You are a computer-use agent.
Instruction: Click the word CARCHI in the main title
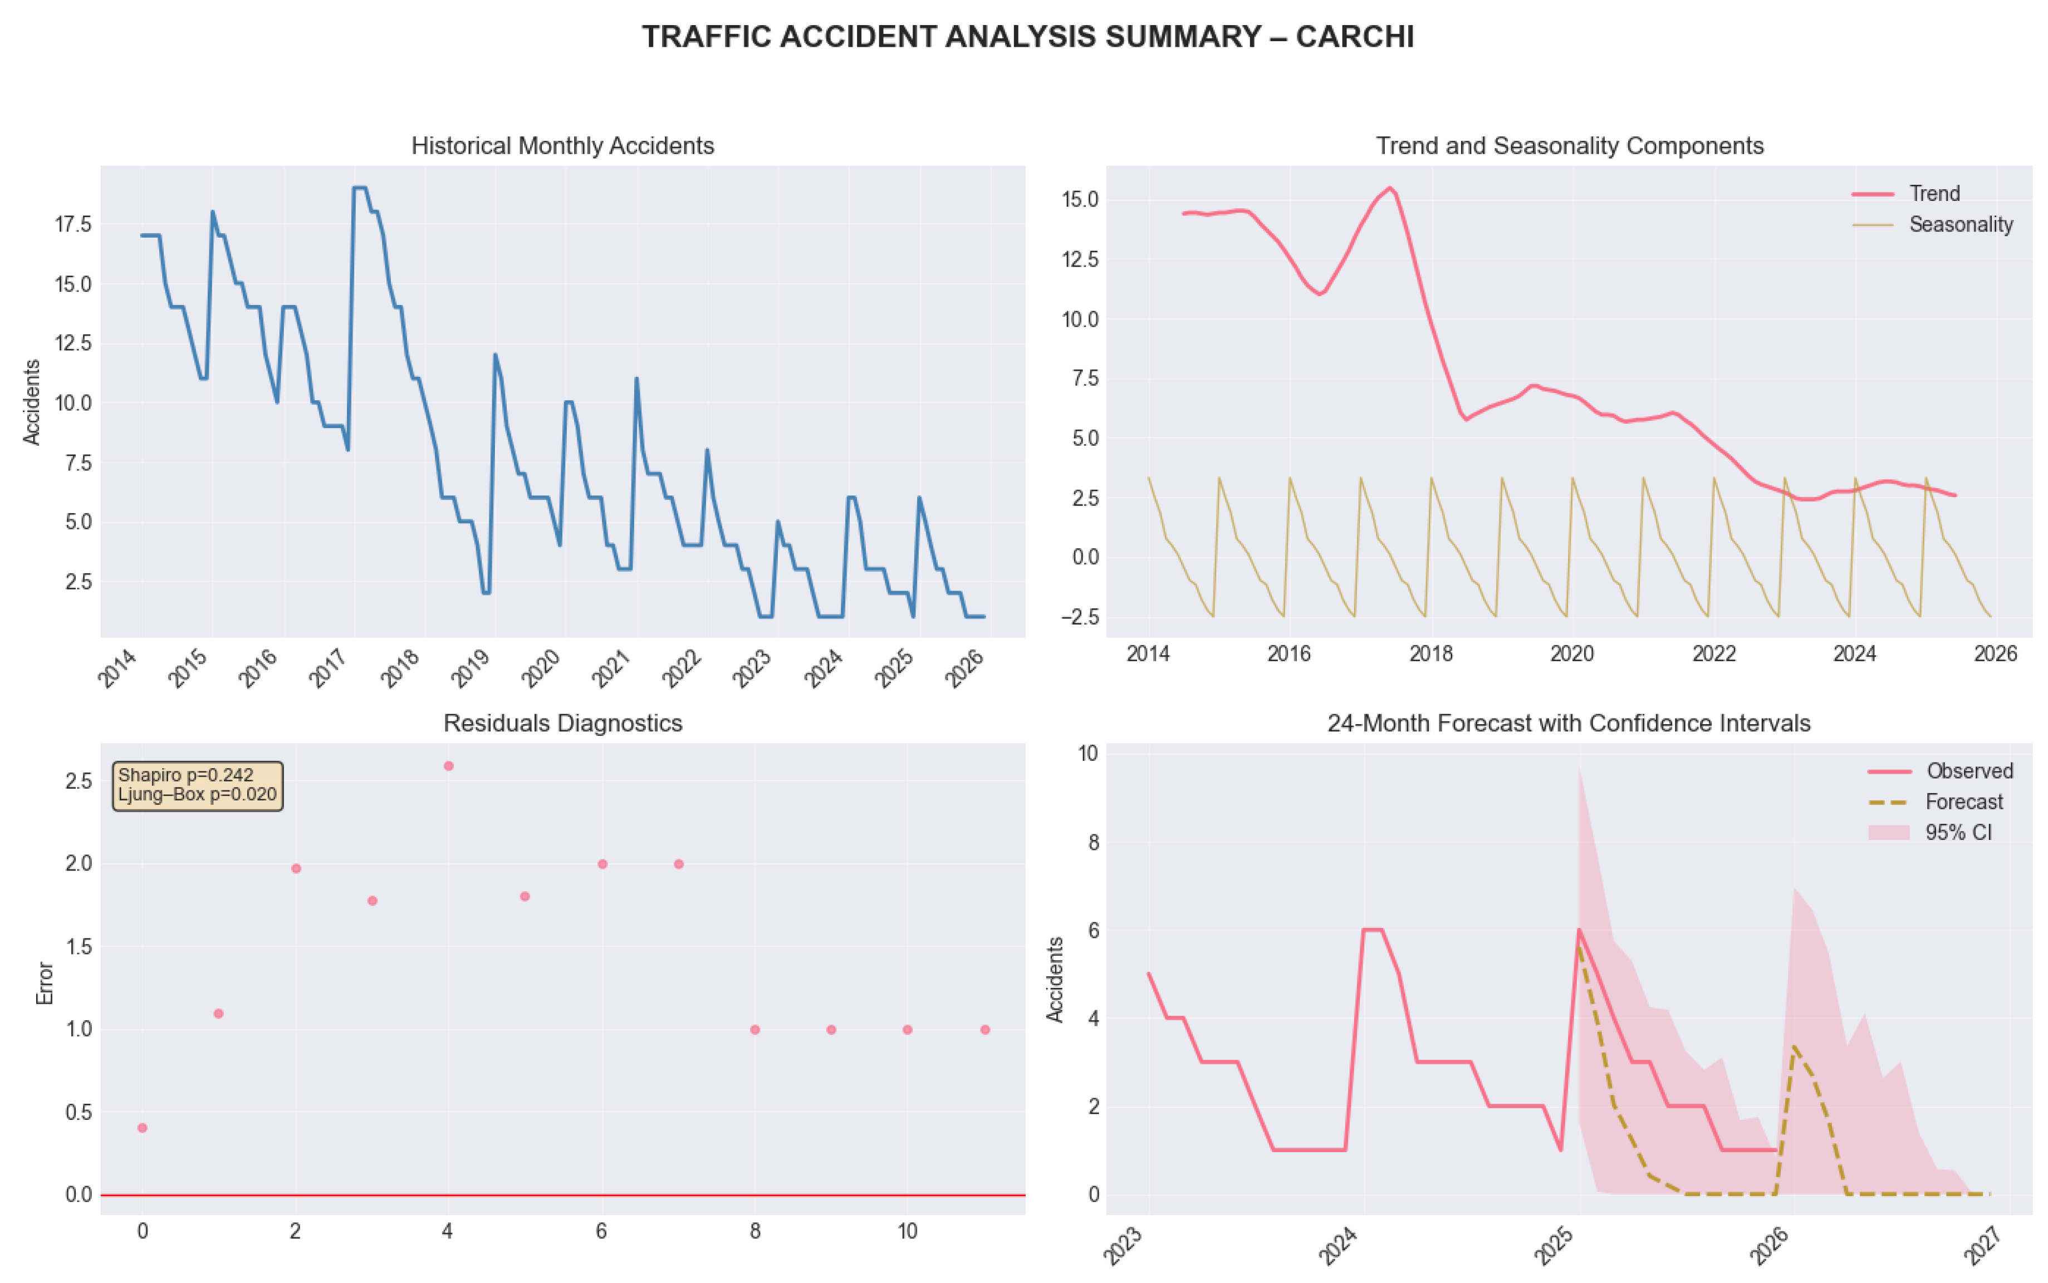tap(1355, 37)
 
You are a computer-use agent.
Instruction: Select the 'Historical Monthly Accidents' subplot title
tap(563, 146)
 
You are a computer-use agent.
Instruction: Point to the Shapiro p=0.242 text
tap(186, 775)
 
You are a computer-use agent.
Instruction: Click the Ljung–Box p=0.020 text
tap(197, 795)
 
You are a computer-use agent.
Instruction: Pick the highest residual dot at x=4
tap(448, 765)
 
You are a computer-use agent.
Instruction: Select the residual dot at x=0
tap(142, 1128)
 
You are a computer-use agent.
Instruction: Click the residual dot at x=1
tap(218, 1013)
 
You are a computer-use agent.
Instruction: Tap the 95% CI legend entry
tap(1929, 833)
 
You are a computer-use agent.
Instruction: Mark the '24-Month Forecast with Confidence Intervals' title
tap(1569, 723)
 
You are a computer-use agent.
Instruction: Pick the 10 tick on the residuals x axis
tap(907, 1231)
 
